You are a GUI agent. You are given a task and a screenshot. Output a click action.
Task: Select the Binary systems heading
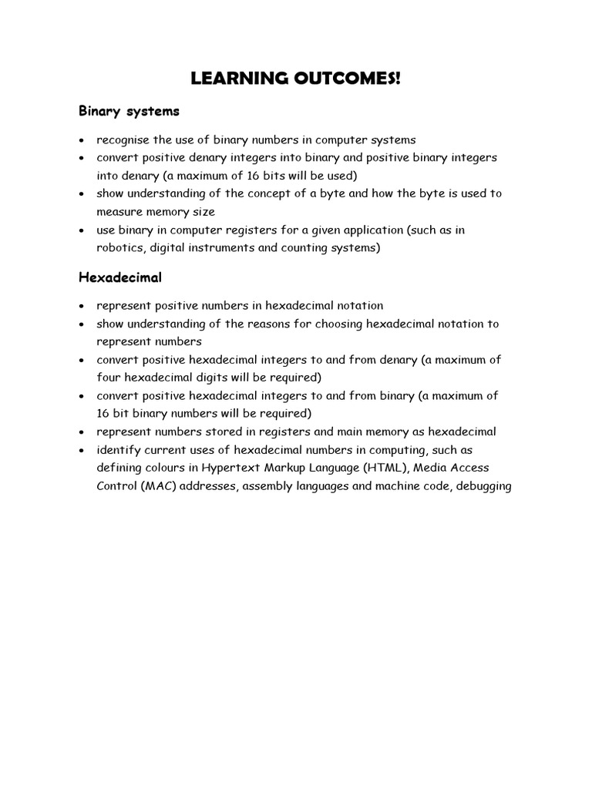[x=129, y=111]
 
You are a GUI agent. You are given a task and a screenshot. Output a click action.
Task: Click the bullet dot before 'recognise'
[x=82, y=140]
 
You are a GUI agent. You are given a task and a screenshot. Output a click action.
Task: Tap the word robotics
[x=119, y=247]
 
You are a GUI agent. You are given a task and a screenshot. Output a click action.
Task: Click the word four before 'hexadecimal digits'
[x=109, y=377]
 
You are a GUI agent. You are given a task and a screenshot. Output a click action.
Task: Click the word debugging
[x=483, y=486]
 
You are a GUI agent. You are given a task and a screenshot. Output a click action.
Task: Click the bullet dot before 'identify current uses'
[x=82, y=450]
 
